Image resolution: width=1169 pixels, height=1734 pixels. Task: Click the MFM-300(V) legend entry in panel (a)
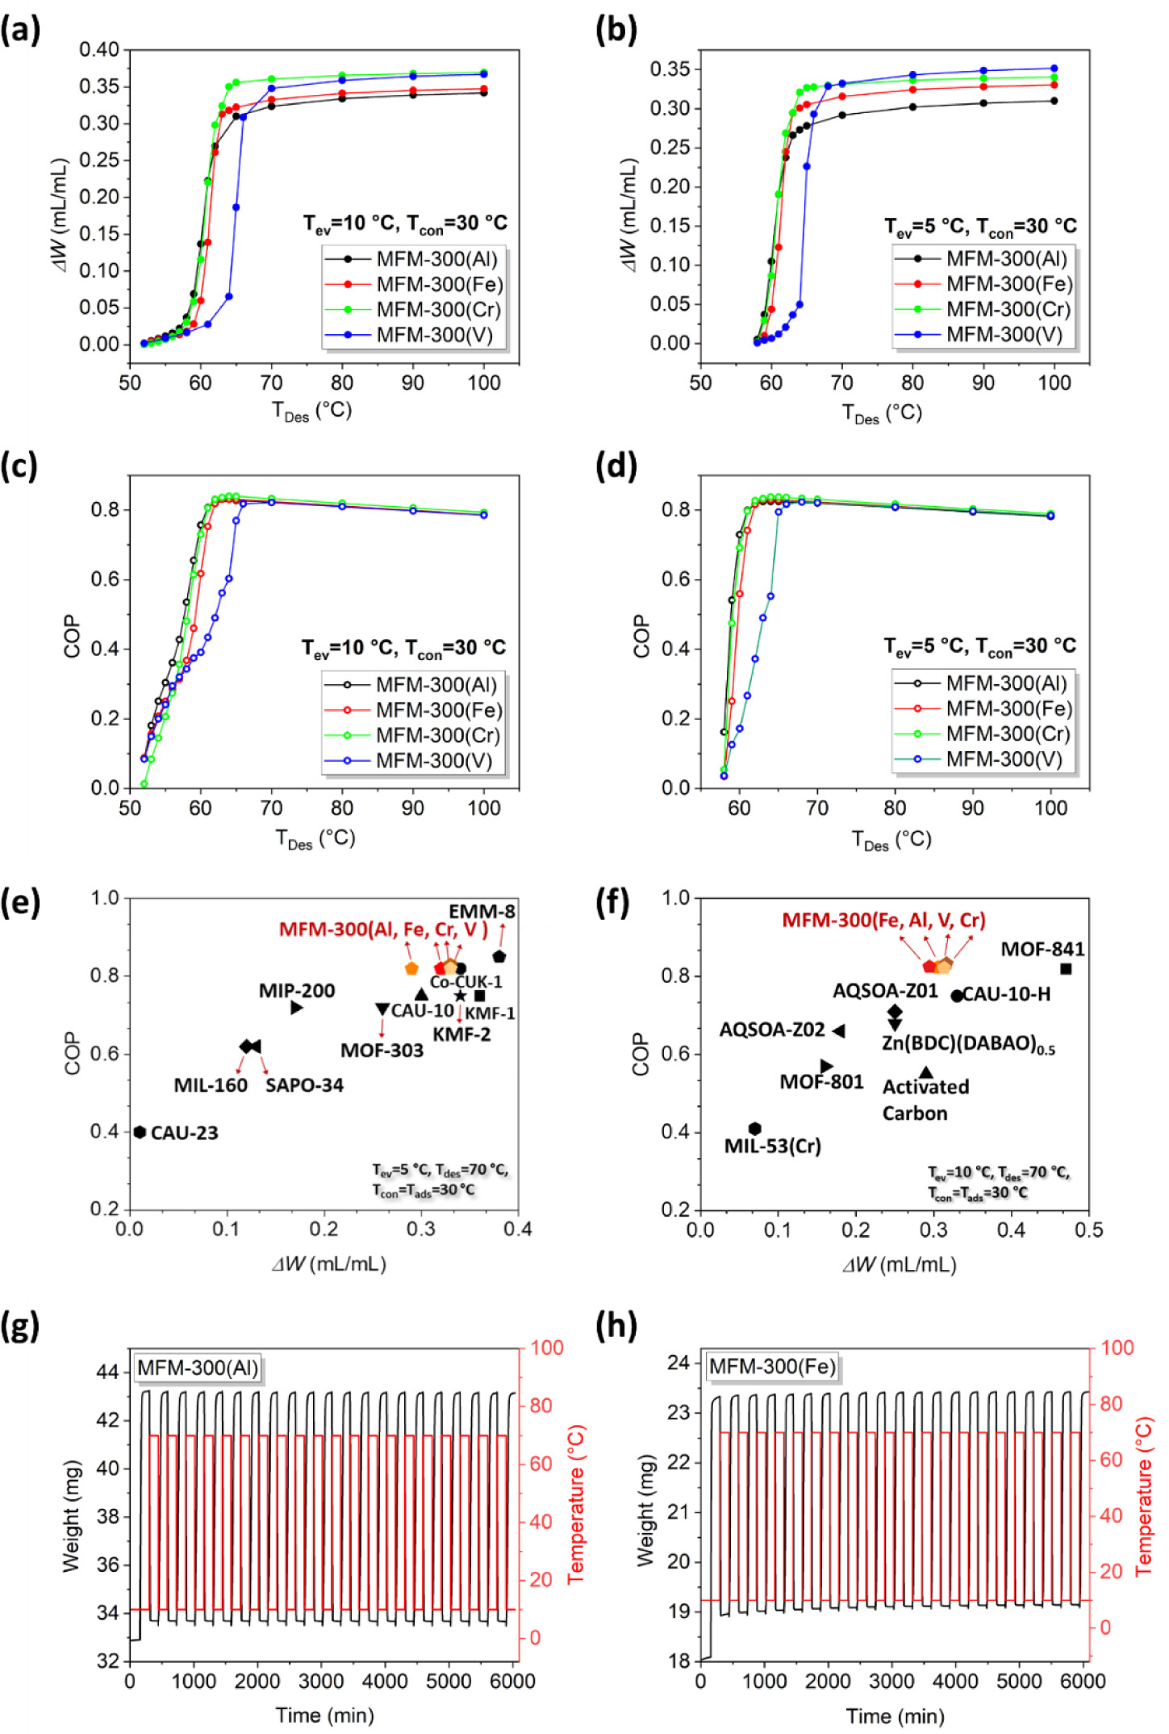pos(434,335)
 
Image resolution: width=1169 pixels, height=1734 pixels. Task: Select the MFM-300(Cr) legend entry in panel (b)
pos(1008,309)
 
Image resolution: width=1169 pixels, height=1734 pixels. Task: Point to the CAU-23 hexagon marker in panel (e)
pos(140,1132)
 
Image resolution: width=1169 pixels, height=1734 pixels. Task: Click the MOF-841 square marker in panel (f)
pos(1066,969)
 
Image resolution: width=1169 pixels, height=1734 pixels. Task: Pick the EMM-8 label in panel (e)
pos(482,912)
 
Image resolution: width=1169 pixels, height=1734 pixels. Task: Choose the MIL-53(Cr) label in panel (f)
pos(772,1146)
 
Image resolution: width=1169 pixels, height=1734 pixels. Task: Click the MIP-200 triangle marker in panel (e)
pos(297,1007)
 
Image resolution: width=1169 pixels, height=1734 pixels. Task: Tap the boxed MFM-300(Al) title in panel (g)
pos(198,1368)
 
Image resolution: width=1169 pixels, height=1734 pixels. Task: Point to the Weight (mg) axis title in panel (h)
pos(645,1510)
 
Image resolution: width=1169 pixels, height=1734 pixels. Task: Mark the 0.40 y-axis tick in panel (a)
pos(99,50)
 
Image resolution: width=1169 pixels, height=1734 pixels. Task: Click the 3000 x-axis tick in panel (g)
pos(321,1682)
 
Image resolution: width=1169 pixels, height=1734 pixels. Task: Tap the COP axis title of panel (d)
pos(642,637)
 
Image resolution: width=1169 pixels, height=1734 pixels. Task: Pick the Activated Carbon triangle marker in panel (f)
pos(926,1072)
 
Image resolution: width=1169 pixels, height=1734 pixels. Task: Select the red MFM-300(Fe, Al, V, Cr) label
pos(883,920)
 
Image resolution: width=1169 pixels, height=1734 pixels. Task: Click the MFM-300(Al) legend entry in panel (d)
pos(1006,683)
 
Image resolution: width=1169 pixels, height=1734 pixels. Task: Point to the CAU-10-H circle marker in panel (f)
pos(957,996)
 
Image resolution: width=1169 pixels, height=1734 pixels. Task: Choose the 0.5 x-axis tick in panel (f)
pos(1089,1230)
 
